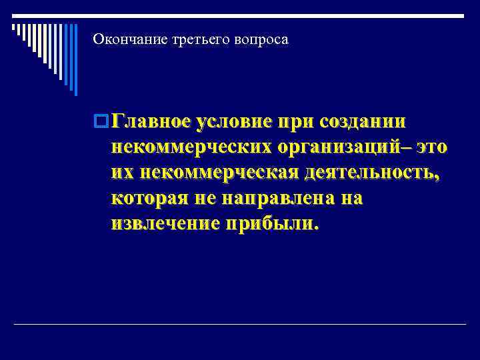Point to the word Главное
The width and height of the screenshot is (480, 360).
(x=151, y=123)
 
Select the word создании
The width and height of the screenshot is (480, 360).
(x=363, y=123)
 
